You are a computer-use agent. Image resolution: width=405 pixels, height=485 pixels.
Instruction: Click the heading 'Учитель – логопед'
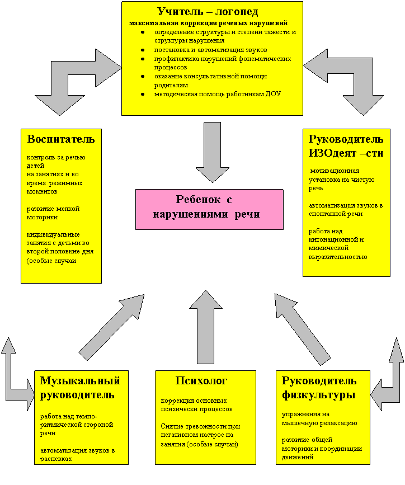pos(208,11)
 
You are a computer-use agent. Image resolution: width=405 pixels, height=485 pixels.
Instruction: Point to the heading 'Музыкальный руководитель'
pos(80,388)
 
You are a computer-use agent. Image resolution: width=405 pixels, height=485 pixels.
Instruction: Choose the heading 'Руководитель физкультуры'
pos(319,388)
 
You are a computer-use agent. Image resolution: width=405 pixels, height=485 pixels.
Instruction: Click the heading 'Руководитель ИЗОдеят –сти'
pos(346,146)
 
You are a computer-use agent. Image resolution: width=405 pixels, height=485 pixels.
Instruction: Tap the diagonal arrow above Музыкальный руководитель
pos(112,327)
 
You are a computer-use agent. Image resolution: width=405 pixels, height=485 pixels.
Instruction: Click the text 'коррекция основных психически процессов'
pos(193,404)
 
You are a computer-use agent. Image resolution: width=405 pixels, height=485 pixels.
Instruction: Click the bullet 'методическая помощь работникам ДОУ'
pos(218,94)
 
